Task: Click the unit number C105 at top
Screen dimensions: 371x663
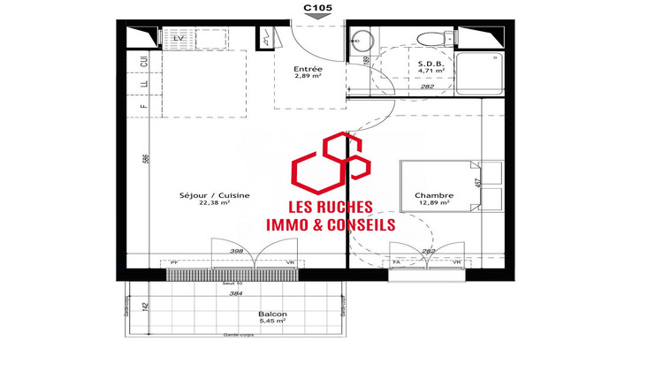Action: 319,8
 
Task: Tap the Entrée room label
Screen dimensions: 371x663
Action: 308,68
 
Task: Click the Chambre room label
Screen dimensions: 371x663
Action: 433,195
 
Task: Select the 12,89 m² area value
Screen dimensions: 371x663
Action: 433,204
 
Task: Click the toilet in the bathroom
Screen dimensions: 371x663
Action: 431,38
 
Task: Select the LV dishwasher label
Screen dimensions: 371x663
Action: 178,39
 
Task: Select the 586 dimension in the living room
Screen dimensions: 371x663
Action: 147,159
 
